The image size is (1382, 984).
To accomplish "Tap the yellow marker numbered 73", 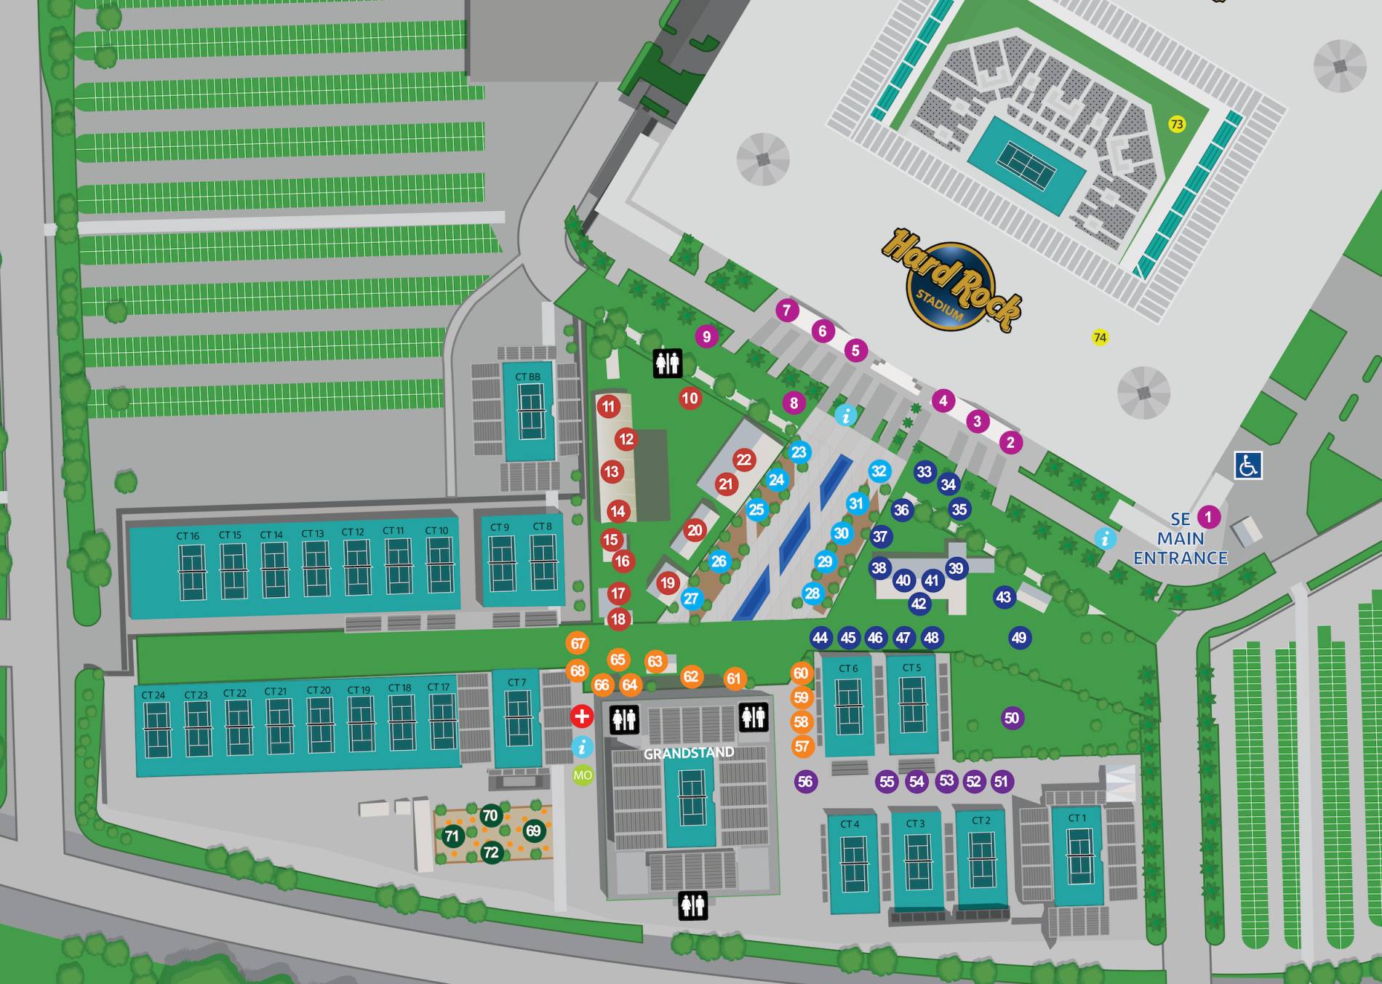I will tap(1176, 124).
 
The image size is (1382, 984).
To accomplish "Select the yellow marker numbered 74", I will tap(1100, 337).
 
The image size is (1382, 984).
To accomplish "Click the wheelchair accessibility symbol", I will tap(1247, 465).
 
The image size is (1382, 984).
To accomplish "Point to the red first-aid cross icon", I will tap(581, 716).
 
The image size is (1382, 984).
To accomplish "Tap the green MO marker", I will tap(583, 775).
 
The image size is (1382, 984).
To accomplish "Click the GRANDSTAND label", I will tap(688, 753).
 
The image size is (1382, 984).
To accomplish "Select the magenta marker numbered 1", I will tap(1208, 517).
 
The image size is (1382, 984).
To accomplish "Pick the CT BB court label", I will tap(527, 377).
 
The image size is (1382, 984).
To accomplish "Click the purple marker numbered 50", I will tap(1011, 719).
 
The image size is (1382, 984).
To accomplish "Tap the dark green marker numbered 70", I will tap(490, 815).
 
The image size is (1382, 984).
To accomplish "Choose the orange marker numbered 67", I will tap(578, 644).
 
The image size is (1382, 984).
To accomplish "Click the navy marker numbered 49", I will tap(1019, 638).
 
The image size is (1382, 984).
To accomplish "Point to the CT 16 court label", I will tap(188, 536).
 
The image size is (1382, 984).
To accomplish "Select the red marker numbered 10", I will tap(690, 398).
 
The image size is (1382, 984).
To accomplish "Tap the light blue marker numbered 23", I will tap(799, 452).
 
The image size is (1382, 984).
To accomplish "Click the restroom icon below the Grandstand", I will tap(692, 905).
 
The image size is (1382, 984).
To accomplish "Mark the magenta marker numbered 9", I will tap(706, 336).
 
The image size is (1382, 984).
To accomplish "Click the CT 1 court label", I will tap(1077, 818).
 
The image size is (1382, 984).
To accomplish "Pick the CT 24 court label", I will tap(153, 695).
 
